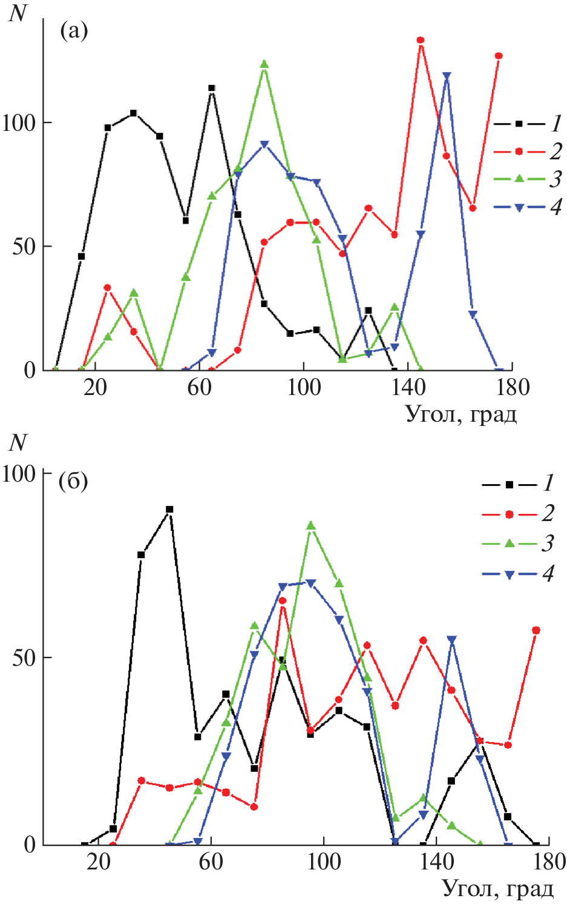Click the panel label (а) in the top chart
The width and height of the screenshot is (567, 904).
(74, 30)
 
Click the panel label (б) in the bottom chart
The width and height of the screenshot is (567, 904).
(73, 482)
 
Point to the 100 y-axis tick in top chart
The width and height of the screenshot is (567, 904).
(19, 123)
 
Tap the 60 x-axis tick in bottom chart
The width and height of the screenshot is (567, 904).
(211, 861)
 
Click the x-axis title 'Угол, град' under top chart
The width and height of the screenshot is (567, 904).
(461, 414)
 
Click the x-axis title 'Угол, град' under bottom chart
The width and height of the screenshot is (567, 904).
(498, 888)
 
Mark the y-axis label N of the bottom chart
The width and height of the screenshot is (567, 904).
(18, 443)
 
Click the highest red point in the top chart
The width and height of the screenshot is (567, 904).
(420, 40)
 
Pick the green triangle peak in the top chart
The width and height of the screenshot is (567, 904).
(264, 64)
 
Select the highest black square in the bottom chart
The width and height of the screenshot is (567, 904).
(169, 510)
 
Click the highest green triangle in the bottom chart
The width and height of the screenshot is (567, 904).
(311, 526)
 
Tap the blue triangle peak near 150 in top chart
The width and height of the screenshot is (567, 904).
(447, 76)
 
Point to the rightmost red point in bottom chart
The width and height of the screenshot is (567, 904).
(536, 631)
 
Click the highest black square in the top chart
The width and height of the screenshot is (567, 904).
(212, 88)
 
